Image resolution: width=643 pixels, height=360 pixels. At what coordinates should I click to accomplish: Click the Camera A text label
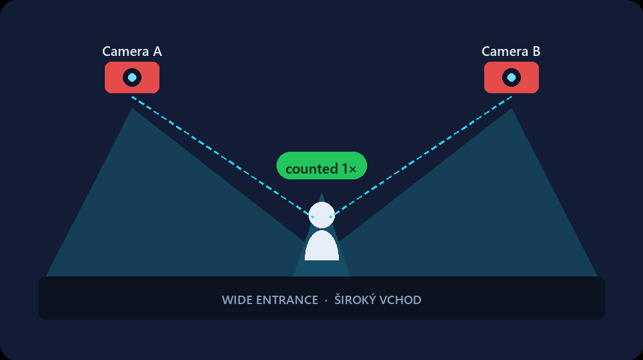pos(132,51)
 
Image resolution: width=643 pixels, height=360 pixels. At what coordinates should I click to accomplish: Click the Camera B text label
pos(511,51)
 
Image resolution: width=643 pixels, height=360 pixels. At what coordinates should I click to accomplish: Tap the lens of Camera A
pos(132,78)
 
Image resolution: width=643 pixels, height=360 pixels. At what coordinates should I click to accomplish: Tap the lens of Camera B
pos(511,78)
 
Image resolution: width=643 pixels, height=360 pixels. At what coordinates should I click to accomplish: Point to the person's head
pos(321,215)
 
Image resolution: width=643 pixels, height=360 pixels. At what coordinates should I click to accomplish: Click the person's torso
pos(321,246)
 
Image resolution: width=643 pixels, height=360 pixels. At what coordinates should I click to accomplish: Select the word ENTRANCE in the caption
pos(287,300)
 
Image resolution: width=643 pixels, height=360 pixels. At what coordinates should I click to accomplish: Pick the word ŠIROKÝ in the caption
pos(354,300)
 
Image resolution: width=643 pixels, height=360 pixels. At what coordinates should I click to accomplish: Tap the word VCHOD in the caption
pos(400,300)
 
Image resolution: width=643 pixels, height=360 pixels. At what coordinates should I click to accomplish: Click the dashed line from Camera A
pos(222,157)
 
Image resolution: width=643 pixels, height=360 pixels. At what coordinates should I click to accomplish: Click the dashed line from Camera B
pos(422,157)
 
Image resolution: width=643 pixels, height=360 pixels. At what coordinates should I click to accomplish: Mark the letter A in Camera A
pos(158,51)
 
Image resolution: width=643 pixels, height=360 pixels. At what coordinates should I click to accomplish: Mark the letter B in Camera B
pos(536,51)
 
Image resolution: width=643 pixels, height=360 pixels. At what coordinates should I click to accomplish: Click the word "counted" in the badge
pos(312,169)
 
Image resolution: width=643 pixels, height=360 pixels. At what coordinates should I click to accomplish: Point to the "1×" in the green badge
pos(349,169)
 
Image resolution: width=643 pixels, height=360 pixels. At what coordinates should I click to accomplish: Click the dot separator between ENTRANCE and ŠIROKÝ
pos(326,301)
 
